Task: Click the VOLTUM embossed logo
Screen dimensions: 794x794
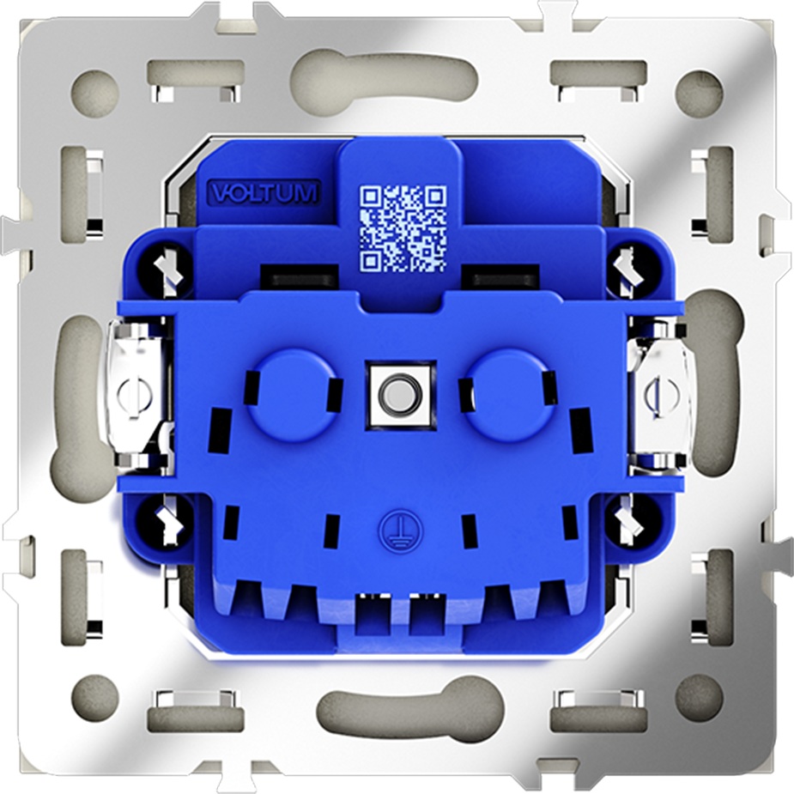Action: click(x=264, y=193)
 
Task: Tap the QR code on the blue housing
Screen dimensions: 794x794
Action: click(x=403, y=228)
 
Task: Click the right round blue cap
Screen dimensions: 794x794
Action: click(x=511, y=394)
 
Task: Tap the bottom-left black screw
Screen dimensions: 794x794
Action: click(x=168, y=520)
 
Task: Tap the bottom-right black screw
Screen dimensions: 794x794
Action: click(x=630, y=520)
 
